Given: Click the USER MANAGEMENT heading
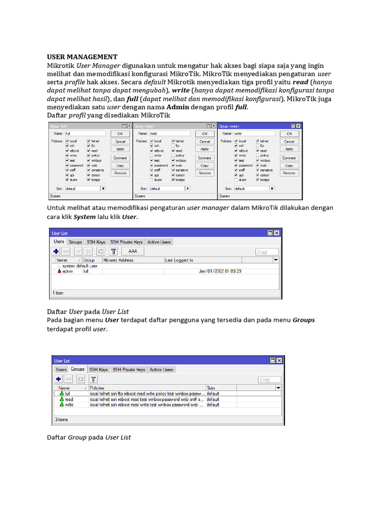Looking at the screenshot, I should (x=82, y=57).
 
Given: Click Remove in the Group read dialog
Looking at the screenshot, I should (x=205, y=173).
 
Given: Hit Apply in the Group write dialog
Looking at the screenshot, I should (x=289, y=149).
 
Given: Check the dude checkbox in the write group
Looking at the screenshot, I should (x=236, y=180).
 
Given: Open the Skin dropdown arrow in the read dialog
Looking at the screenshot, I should (x=188, y=189).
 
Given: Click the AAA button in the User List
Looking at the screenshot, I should (x=133, y=251).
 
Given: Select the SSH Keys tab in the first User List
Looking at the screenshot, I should (x=96, y=242).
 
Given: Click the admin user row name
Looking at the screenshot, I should (x=67, y=271).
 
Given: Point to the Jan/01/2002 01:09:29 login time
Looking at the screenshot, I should (x=220, y=271).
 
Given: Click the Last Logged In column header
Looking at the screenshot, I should (x=179, y=261).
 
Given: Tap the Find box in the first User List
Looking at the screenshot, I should (x=267, y=252).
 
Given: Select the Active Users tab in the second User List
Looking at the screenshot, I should (x=161, y=370).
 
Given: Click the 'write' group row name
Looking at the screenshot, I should (x=69, y=405).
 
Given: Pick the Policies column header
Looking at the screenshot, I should (x=97, y=388).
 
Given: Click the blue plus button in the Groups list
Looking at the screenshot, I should (x=58, y=379).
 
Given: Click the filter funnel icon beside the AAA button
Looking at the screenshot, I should (x=114, y=251).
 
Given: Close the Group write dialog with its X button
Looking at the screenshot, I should (x=298, y=125).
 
